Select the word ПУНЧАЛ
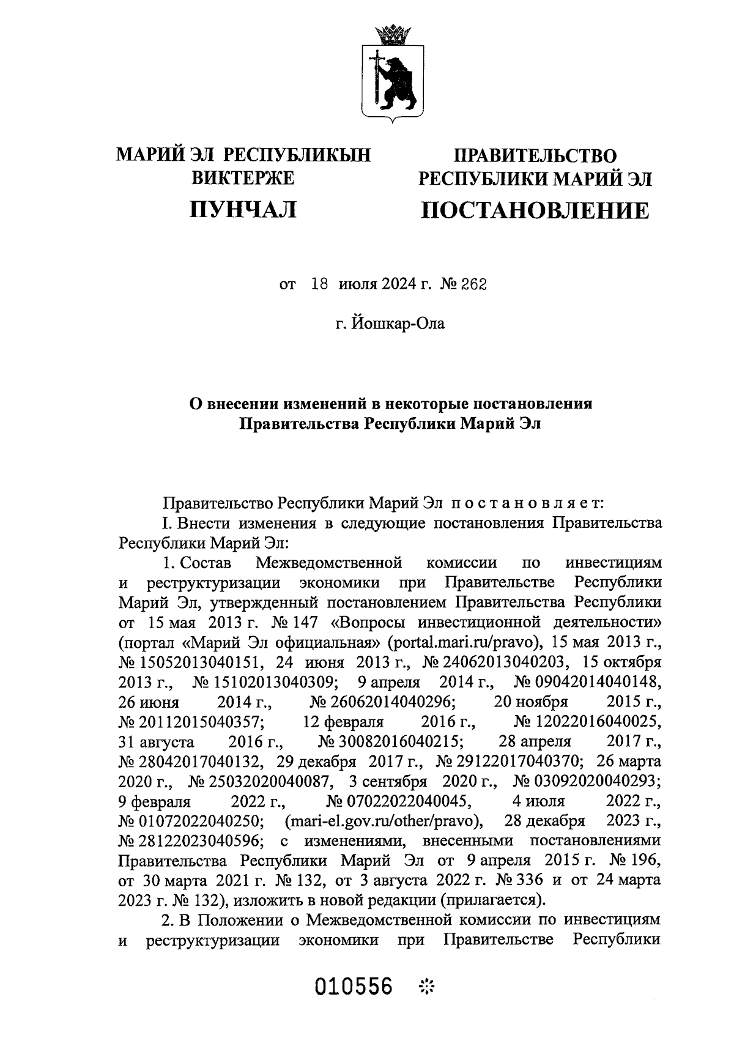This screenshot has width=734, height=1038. [243, 210]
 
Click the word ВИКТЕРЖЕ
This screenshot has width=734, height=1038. [243, 178]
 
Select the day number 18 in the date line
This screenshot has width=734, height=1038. [321, 284]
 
